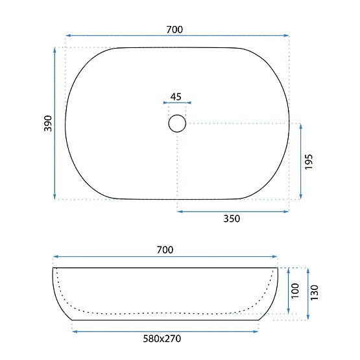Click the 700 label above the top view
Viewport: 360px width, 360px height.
[174, 29]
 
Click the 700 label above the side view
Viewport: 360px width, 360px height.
[165, 249]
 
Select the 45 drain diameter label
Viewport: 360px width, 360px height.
[176, 97]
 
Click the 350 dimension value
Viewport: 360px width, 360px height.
[232, 219]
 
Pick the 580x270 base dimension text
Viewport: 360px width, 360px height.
[165, 339]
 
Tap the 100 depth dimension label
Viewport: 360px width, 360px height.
[293, 291]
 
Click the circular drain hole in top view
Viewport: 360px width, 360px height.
[176, 123]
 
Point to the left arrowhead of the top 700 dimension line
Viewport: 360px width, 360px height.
[67, 36]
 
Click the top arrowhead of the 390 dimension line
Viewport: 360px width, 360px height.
[55, 49]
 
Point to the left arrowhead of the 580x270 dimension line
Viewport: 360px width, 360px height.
[73, 331]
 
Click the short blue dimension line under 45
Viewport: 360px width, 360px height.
[176, 102]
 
